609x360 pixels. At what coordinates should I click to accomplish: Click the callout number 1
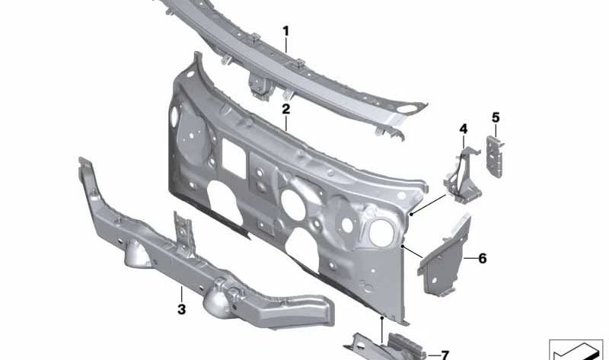click(x=286, y=31)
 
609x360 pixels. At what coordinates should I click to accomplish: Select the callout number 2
click(x=286, y=110)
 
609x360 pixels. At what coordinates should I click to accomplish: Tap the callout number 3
click(x=181, y=310)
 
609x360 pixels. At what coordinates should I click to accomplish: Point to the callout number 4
click(x=464, y=129)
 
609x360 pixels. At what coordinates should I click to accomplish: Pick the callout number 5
click(x=496, y=117)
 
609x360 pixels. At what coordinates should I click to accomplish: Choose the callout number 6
click(x=483, y=258)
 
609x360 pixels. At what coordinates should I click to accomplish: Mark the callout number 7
click(x=445, y=355)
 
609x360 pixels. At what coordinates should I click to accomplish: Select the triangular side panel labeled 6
click(x=445, y=256)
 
